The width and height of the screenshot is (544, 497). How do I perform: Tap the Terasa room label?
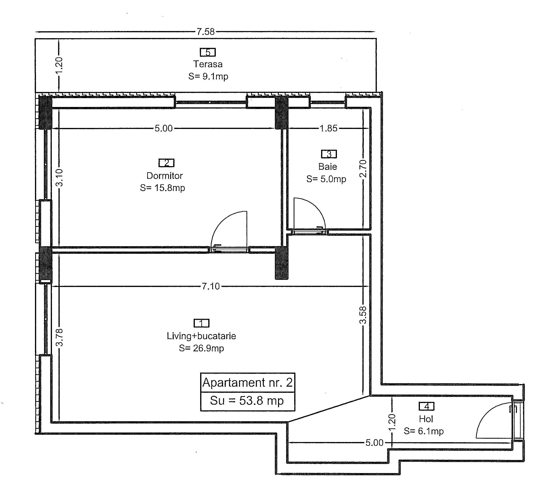(208, 64)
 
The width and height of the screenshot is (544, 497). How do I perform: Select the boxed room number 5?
(208, 52)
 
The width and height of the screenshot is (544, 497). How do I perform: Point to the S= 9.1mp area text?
(208, 77)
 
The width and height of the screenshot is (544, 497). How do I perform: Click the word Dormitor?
(165, 176)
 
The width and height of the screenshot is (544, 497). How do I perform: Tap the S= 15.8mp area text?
(162, 188)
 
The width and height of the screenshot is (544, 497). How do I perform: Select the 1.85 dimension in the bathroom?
(328, 128)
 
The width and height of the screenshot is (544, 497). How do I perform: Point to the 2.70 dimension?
(363, 169)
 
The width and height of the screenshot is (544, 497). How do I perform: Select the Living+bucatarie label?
(201, 336)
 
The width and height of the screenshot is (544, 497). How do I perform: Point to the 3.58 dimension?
(363, 315)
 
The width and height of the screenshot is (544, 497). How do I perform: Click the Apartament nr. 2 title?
(247, 382)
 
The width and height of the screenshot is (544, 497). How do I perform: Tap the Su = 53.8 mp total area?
(247, 400)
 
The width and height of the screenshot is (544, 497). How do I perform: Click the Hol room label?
(426, 419)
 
